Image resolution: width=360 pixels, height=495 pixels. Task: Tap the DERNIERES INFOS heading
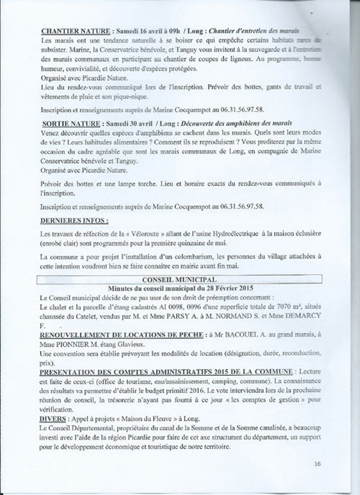pos(68,219)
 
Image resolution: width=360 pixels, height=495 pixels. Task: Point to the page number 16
pos(317,463)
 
